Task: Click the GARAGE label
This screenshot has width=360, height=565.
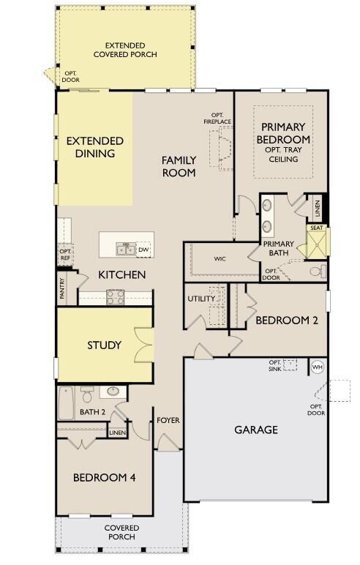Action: coord(255,430)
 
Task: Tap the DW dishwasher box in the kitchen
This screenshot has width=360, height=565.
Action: coord(143,249)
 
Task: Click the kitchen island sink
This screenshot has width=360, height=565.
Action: coord(124,250)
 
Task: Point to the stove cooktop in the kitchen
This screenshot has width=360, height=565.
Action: coord(116,296)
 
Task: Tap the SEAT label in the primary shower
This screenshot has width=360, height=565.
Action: coord(317,228)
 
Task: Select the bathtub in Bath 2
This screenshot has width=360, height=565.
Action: coord(66,402)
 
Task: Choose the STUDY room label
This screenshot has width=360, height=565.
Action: coord(104,345)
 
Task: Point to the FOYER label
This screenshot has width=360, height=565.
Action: coord(168,420)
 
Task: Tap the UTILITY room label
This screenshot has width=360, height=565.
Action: coord(201,299)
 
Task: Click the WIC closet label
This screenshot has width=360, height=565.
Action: coord(220,258)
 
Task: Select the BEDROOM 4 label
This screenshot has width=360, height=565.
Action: coord(104,477)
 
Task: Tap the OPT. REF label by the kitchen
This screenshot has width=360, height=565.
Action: coord(65,254)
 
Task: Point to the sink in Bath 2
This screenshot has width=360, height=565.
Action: coord(113,392)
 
